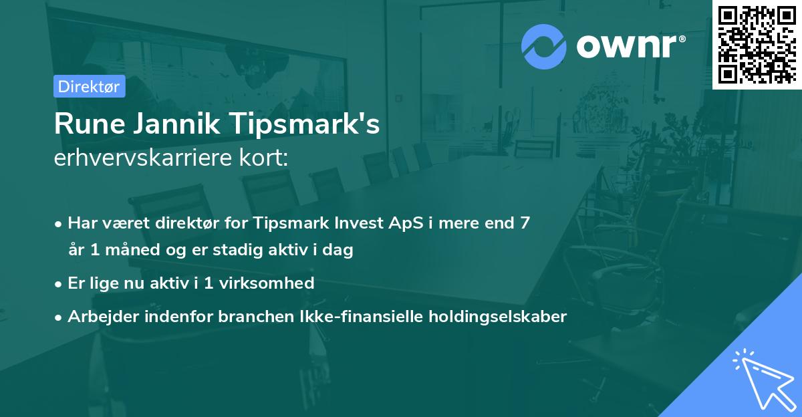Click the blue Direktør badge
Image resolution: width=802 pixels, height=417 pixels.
click(x=89, y=86)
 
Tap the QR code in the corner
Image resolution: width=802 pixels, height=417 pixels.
click(x=757, y=44)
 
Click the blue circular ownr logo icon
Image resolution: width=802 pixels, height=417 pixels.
click(x=544, y=46)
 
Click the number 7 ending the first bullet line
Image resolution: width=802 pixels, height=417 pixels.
click(x=525, y=223)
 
